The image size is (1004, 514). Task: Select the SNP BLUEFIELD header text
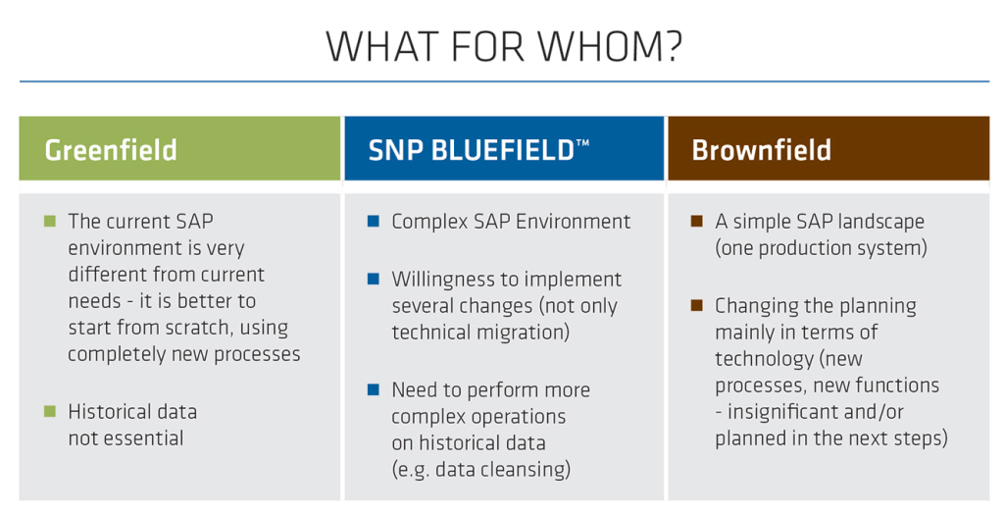coord(472,150)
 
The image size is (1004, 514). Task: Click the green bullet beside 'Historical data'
coord(50,411)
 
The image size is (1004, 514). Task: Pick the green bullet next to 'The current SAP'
coord(50,221)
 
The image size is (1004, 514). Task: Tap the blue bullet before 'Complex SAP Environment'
coord(374,221)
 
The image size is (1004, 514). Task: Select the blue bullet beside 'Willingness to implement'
coord(374,279)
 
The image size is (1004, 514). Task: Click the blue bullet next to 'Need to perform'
coord(374,389)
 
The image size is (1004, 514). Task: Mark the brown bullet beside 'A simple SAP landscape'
coord(697,221)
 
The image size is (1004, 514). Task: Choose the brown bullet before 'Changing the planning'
coord(697,305)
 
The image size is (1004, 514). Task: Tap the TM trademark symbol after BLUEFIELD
coord(582,143)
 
